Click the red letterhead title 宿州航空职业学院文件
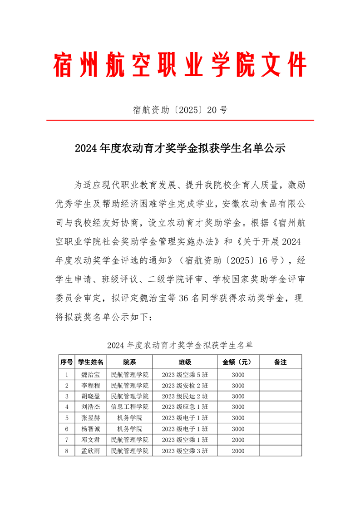[x=180, y=65]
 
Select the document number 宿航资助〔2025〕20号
[x=180, y=109]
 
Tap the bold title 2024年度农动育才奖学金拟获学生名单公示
[x=180, y=148]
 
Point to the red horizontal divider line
[x=180, y=121]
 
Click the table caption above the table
[x=180, y=346]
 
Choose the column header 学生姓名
[x=91, y=362]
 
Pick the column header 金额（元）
[x=238, y=362]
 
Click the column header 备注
[x=281, y=362]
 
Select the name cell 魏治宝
[x=91, y=375]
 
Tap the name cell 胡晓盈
[x=91, y=396]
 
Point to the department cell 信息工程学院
[x=130, y=407]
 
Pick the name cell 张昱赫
[x=91, y=418]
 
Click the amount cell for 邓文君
[x=238, y=440]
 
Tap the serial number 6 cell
[x=67, y=429]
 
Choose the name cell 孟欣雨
[x=91, y=451]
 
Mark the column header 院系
[x=130, y=362]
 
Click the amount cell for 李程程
[x=238, y=386]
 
